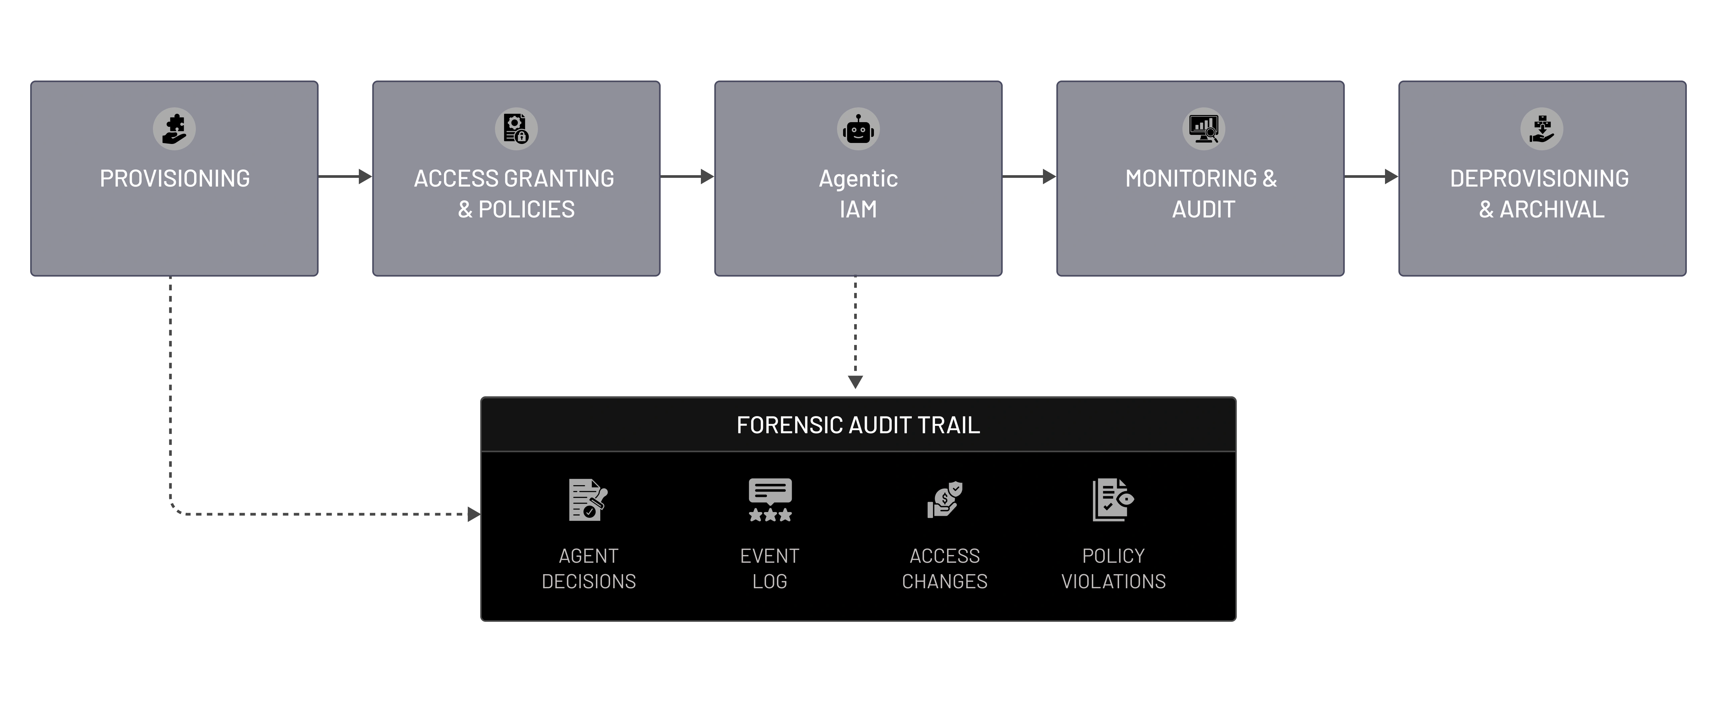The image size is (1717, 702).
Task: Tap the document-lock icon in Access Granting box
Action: pos(516,129)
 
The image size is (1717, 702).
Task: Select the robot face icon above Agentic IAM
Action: pos(858,129)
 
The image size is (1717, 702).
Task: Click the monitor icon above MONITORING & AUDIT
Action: pos(1204,129)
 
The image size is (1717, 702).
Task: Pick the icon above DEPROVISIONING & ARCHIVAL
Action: pos(1542,129)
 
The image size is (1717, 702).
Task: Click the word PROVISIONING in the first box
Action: pos(175,179)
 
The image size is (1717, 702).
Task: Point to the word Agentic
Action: pos(858,179)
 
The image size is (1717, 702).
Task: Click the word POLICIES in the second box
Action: pos(527,209)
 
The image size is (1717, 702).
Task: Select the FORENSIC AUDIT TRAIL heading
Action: pos(858,425)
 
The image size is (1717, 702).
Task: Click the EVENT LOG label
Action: pos(770,568)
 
